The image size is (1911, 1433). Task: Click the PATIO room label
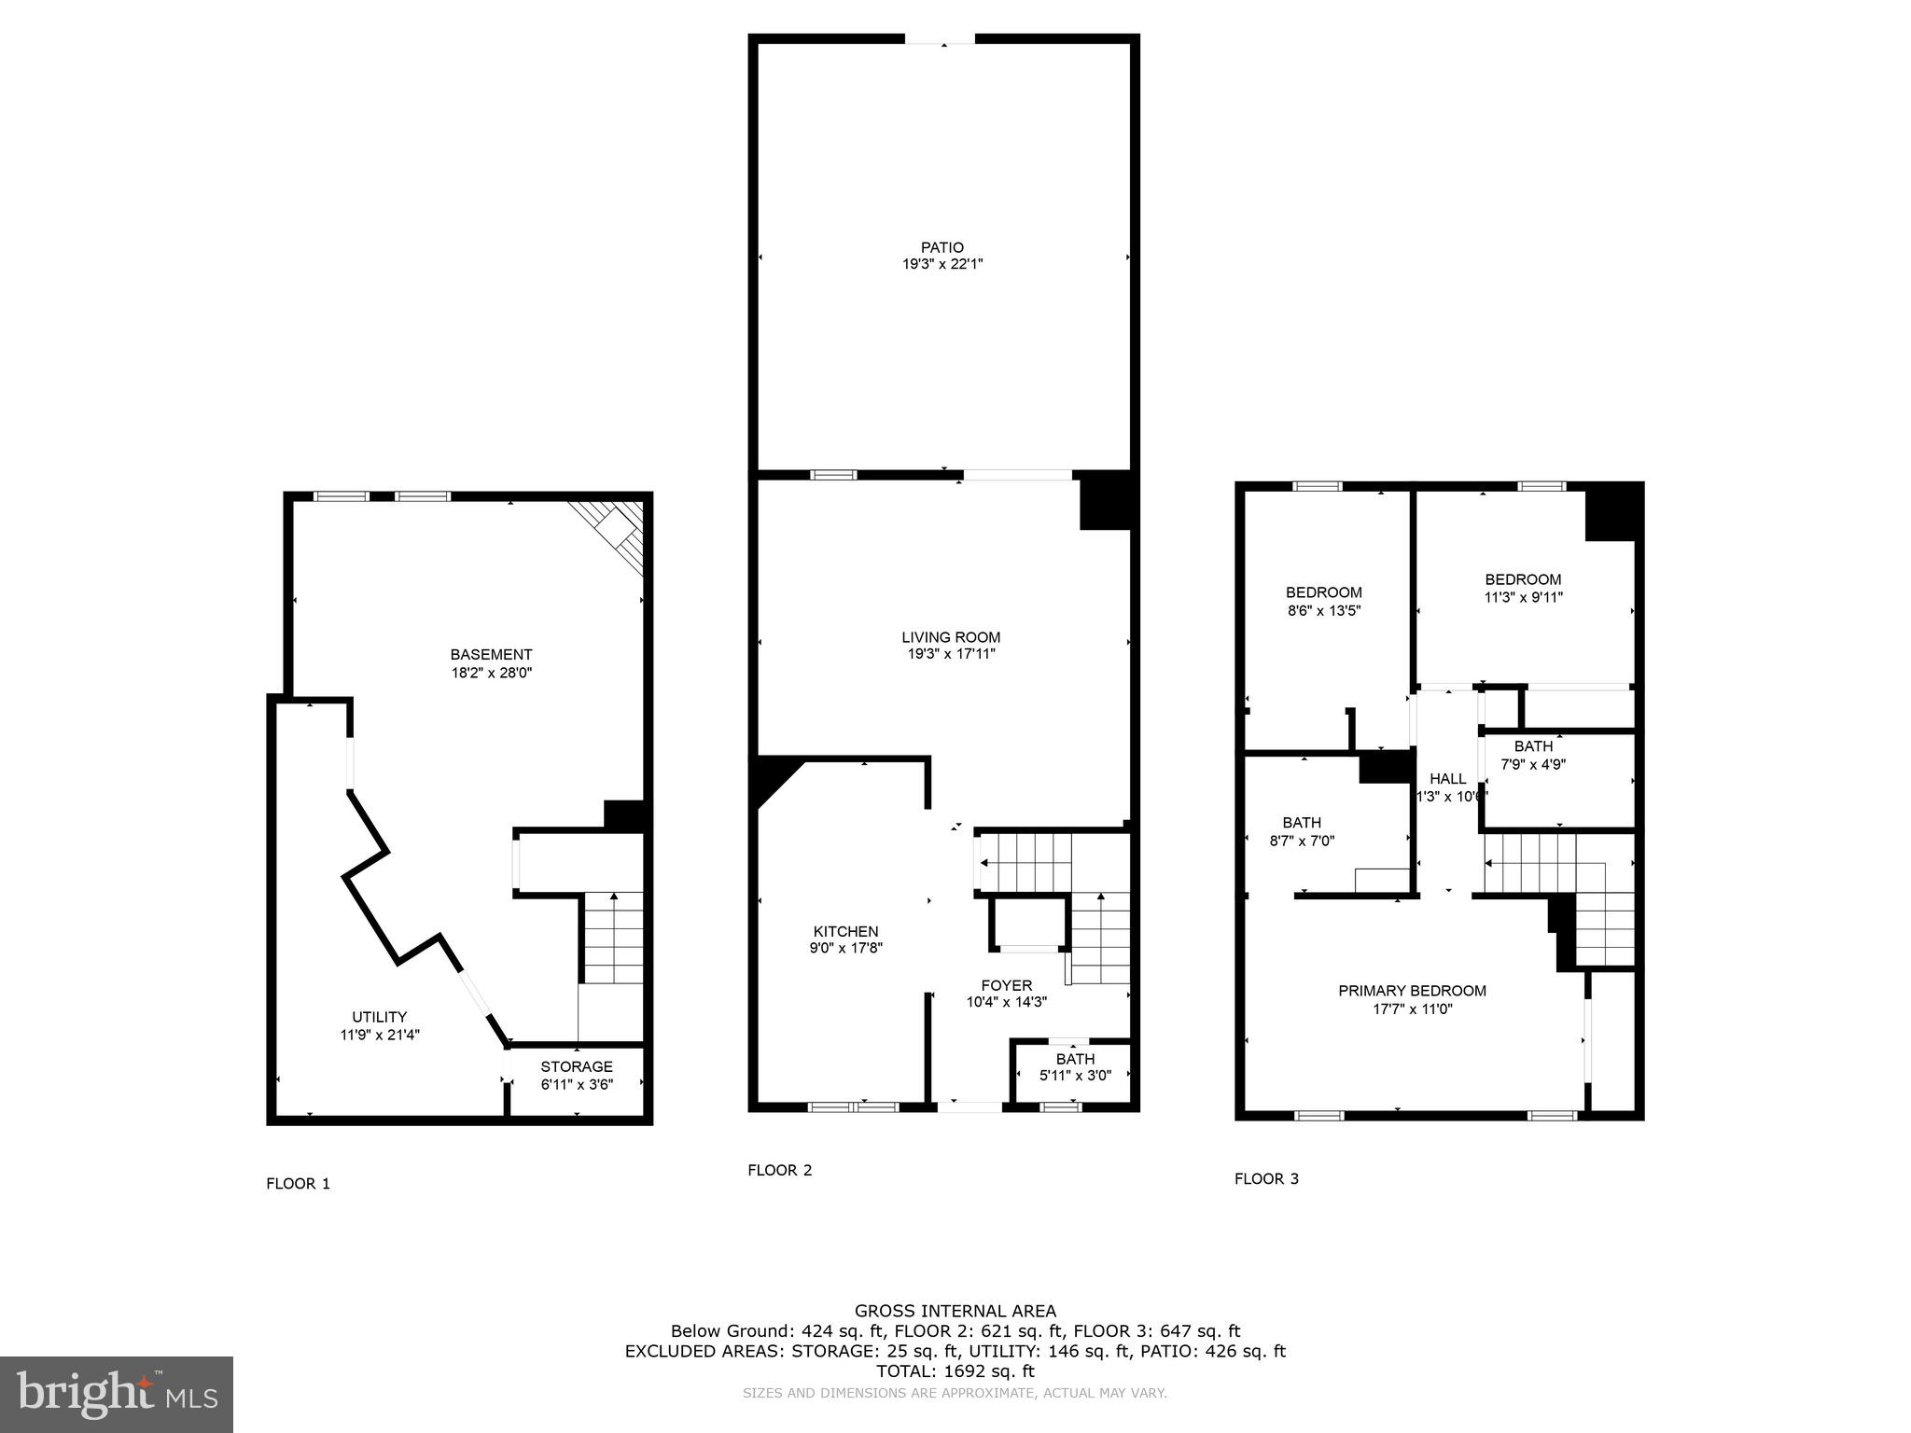click(942, 247)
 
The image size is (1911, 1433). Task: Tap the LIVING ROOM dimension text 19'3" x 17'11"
click(951, 654)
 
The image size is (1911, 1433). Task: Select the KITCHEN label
click(845, 931)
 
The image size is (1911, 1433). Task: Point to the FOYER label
click(1006, 985)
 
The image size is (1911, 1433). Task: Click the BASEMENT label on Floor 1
click(491, 655)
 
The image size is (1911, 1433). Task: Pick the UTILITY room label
click(379, 1017)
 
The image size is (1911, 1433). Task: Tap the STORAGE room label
click(577, 1066)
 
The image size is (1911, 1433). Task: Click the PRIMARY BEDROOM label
click(1412, 991)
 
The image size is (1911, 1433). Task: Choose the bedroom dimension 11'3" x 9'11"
click(1523, 597)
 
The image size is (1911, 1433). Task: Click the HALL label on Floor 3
click(1447, 779)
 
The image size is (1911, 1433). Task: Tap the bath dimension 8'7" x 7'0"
click(1302, 840)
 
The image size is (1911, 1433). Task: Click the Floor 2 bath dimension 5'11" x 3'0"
click(1075, 1076)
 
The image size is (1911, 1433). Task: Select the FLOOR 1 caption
click(298, 1184)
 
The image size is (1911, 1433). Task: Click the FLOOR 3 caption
click(1266, 1178)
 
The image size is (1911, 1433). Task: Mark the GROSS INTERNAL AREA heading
click(955, 1311)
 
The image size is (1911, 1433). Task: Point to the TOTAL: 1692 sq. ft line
click(955, 1371)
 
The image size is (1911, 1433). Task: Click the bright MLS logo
click(117, 1395)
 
